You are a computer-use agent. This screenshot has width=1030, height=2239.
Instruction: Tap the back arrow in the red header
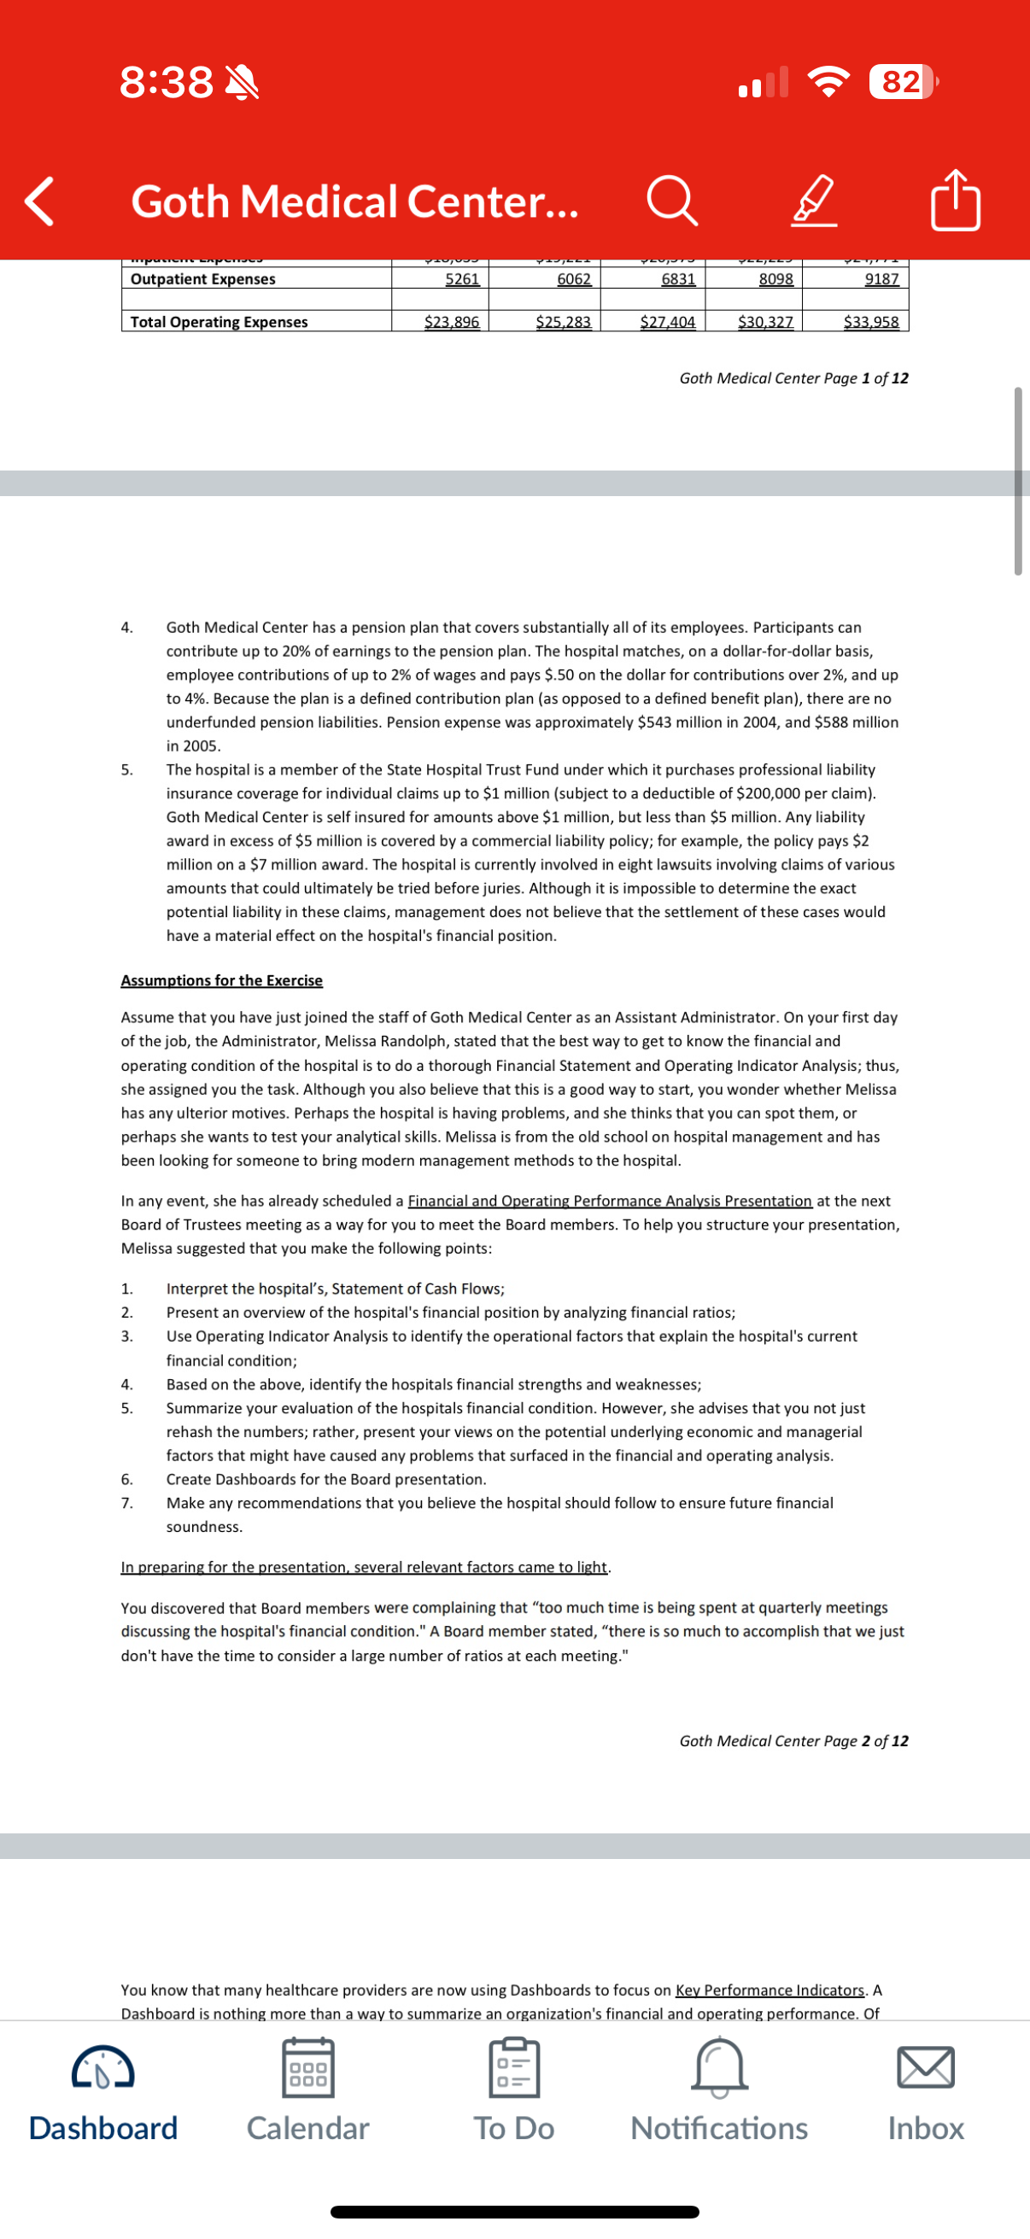point(39,202)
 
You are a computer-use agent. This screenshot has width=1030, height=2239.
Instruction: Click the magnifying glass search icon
point(672,202)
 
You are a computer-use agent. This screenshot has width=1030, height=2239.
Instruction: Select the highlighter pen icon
point(815,202)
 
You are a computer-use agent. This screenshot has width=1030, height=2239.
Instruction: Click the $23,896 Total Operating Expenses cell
point(451,322)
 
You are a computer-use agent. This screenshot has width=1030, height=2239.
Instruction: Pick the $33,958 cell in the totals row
point(871,322)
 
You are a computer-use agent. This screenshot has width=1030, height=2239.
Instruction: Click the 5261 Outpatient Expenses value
point(461,279)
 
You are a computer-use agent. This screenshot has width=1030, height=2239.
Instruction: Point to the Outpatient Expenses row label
point(202,279)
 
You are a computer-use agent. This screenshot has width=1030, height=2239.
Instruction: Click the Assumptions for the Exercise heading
point(222,980)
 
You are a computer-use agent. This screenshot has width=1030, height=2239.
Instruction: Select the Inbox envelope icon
point(926,2068)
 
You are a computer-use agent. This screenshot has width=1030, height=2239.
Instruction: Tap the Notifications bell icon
point(719,2068)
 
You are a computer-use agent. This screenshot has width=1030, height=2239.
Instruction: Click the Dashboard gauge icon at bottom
point(102,2068)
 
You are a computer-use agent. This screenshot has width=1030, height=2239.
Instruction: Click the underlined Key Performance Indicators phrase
point(770,1990)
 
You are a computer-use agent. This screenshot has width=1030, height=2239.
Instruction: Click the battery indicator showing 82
point(902,82)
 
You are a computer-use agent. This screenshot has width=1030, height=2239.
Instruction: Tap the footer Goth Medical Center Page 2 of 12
point(793,1741)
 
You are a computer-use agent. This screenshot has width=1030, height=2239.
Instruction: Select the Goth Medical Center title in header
point(354,202)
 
